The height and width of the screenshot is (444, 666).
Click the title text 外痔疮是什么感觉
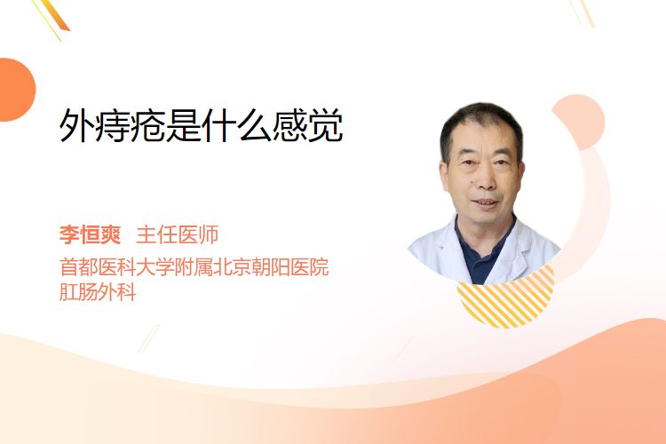[x=201, y=125]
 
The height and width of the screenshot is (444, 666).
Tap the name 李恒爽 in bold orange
[x=90, y=234]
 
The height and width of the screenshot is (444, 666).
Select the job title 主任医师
[x=178, y=234]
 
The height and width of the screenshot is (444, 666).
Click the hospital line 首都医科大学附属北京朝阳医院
[x=194, y=267]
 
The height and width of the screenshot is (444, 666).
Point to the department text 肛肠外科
[x=98, y=292]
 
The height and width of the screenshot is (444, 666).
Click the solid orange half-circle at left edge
[x=16, y=90]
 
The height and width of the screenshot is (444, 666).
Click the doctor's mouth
[x=485, y=202]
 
